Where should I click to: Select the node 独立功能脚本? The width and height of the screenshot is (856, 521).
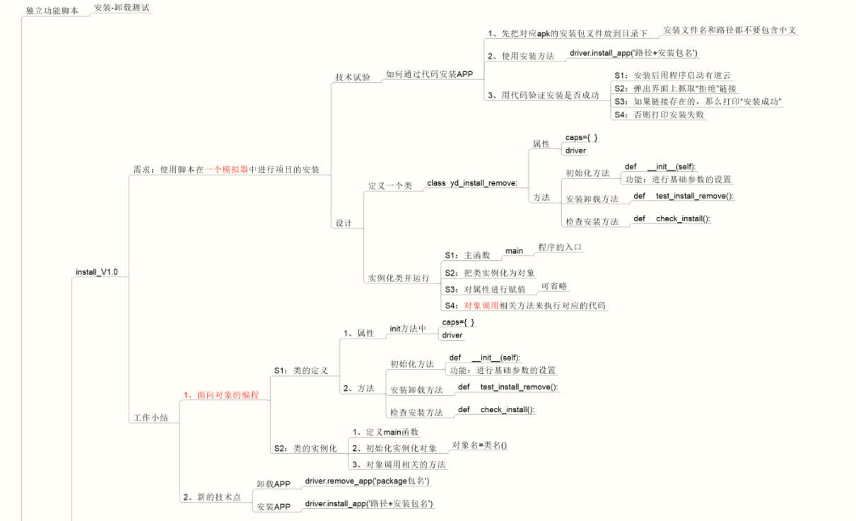[x=52, y=11]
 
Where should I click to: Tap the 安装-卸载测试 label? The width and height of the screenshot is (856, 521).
[x=122, y=8]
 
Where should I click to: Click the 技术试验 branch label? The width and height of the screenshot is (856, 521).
[x=352, y=77]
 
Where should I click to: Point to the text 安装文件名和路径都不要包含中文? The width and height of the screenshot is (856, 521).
[x=730, y=30]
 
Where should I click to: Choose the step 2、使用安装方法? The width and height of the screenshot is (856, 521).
[x=521, y=56]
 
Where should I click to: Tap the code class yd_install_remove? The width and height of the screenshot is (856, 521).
[x=472, y=183]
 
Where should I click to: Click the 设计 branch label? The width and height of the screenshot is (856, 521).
[x=344, y=223]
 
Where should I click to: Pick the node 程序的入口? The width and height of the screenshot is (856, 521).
[x=561, y=247]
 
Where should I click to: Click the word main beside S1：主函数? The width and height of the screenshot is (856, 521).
[x=514, y=251]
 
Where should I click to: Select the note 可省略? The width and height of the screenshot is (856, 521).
[x=554, y=286]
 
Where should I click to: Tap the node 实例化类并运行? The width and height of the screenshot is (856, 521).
[x=399, y=278]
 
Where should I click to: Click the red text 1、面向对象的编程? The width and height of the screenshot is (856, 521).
[x=221, y=394]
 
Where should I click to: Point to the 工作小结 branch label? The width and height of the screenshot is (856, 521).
[x=151, y=418]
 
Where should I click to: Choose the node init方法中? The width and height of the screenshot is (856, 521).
[x=408, y=329]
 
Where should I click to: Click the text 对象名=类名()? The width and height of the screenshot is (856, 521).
[x=480, y=445]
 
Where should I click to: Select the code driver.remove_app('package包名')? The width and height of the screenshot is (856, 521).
[x=367, y=481]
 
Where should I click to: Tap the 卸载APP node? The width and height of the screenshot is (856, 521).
[x=274, y=484]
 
